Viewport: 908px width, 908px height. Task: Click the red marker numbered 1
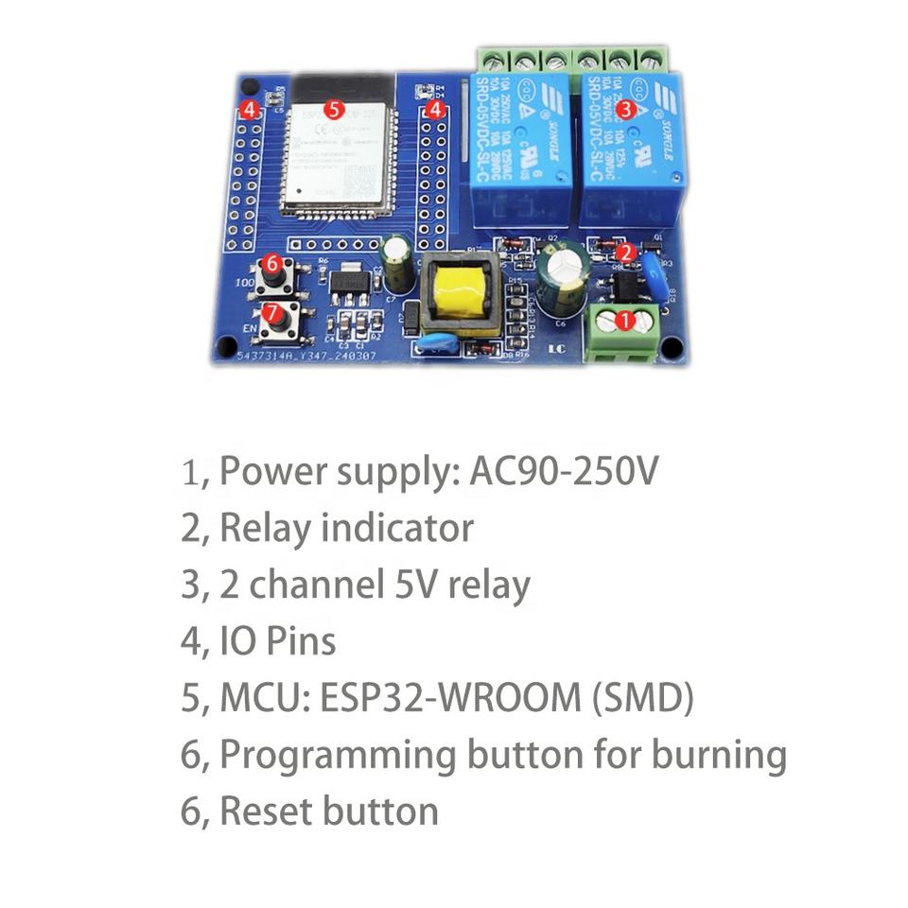tap(624, 321)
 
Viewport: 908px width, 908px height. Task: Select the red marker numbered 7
tap(271, 311)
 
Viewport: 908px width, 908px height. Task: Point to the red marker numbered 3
tap(624, 109)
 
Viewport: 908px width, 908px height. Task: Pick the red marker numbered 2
tap(625, 252)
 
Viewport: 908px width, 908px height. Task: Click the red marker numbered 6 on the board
tap(271, 263)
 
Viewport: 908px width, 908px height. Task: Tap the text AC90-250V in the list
tap(563, 471)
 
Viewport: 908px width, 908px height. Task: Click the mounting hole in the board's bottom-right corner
tap(671, 348)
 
